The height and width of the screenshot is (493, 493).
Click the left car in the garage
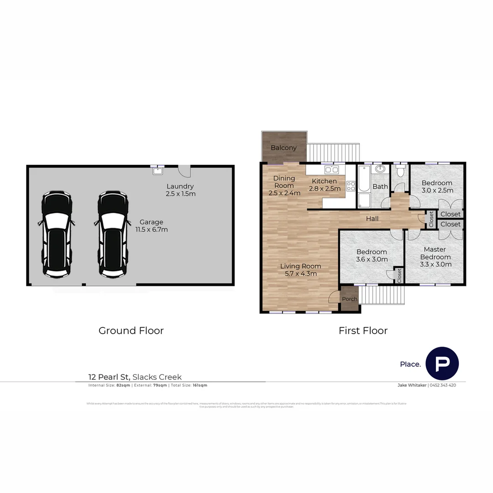click(57, 234)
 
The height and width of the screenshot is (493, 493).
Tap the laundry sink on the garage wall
click(158, 171)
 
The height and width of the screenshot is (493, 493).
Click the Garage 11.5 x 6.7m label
click(151, 226)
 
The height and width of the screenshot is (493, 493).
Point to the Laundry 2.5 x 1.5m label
click(180, 190)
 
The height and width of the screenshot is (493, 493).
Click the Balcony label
click(283, 148)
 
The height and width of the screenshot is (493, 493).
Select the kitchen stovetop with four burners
click(351, 186)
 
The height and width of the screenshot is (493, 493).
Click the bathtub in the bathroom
click(364, 179)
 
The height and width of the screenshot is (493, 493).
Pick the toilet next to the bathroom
click(400, 172)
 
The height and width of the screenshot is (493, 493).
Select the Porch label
click(350, 299)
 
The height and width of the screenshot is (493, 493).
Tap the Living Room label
click(300, 266)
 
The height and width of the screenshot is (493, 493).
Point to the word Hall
click(372, 219)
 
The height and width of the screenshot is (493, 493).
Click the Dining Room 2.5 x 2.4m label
click(284, 186)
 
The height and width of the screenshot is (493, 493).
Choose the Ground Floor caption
click(131, 330)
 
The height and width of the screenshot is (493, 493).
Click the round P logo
click(442, 364)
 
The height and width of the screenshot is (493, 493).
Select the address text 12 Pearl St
click(109, 377)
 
